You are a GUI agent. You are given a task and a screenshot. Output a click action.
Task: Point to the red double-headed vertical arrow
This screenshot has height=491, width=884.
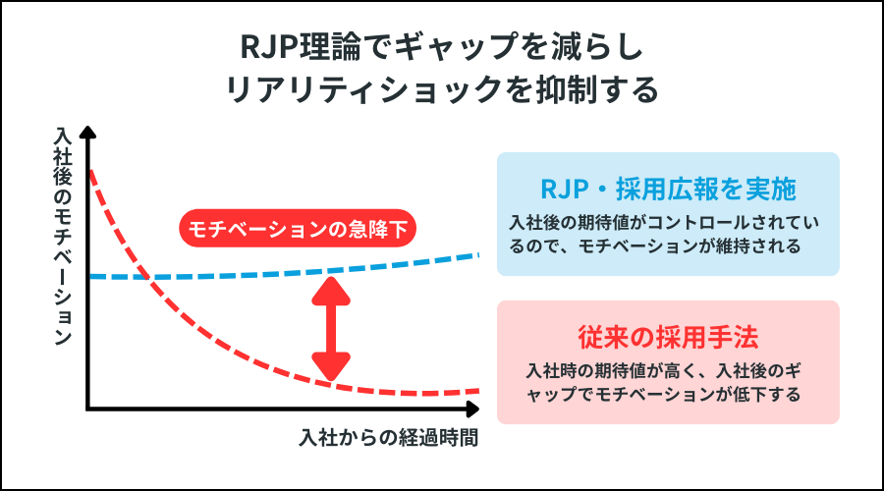pos(330,329)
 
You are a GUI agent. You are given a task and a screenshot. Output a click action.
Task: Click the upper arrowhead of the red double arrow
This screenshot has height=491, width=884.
pos(330,290)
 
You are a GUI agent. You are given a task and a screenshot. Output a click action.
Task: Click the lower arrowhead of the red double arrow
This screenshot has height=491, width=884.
pos(330,369)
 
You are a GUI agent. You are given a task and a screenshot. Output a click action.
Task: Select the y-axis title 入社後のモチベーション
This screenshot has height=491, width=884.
pos(63,236)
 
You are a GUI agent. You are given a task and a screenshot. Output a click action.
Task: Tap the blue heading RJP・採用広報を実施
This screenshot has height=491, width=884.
pos(668,187)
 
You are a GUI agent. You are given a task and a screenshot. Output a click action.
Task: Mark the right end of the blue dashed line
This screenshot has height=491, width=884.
pos(477,255)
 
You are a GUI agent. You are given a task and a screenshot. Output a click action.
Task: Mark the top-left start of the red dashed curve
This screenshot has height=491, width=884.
pos(90,173)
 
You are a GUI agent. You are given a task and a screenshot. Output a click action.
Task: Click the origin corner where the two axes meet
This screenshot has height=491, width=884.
pos(88,408)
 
